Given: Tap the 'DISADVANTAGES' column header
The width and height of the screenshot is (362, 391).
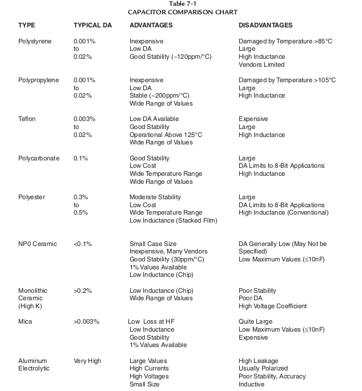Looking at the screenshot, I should tap(266, 26).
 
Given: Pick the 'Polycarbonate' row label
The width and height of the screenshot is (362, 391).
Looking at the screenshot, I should tap(38, 158).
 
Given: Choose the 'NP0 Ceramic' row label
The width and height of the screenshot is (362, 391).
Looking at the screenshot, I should tap(38, 244).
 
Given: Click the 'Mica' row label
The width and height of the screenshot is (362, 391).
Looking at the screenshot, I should tap(25, 321).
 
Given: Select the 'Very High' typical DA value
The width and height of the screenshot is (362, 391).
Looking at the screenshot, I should tap(87, 361).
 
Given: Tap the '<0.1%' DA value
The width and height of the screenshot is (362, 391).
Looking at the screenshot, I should tap(83, 244).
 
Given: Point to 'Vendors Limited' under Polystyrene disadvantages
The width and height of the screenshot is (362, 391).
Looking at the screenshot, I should tap(262, 65).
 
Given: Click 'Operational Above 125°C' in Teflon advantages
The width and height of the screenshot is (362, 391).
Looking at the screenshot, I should tap(166, 135).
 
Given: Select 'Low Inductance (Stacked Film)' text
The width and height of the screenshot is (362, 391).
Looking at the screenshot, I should tap(174, 220).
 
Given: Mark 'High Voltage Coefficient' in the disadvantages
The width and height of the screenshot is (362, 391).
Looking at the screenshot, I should tap(272, 306).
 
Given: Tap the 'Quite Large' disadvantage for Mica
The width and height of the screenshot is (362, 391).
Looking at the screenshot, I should tap(255, 321).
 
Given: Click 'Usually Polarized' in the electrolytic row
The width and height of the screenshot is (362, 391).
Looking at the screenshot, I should tap(263, 369).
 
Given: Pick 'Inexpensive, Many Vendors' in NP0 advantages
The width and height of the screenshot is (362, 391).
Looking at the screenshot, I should tap(168, 252).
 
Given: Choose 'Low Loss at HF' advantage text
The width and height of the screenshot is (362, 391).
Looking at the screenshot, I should tap(151, 321).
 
